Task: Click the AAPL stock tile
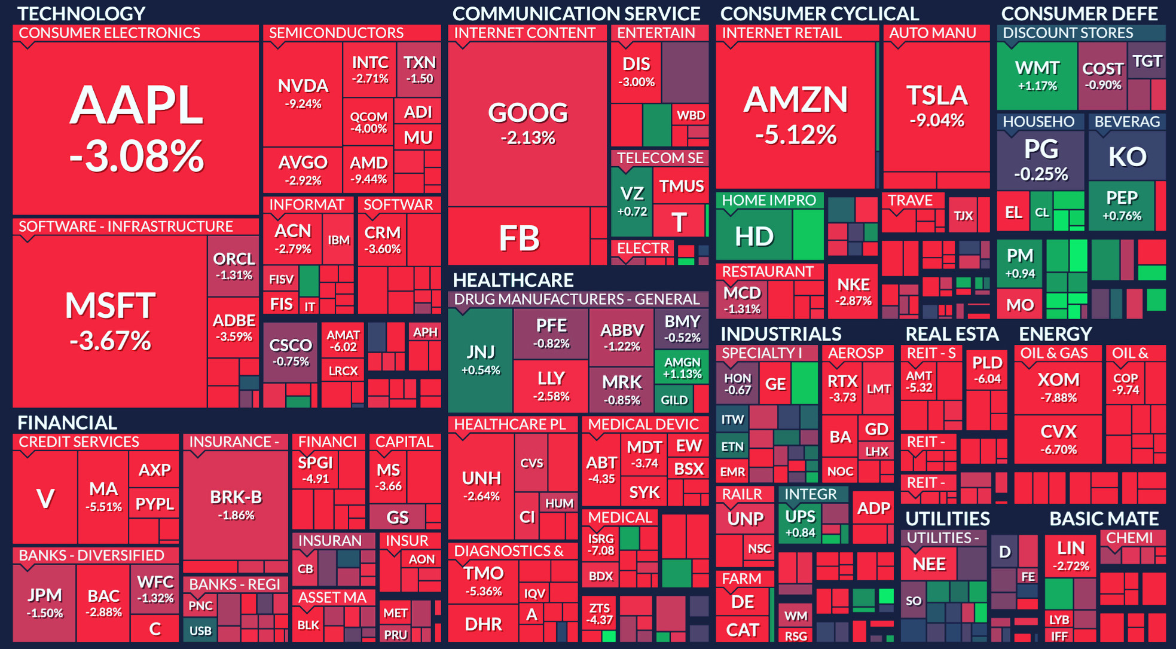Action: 136,128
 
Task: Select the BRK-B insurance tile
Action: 236,505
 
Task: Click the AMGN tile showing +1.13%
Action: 682,368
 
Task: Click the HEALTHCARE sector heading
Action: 513,280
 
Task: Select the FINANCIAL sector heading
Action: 67,423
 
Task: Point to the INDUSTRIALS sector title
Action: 781,334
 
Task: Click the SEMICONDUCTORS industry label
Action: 336,33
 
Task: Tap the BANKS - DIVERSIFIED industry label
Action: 91,555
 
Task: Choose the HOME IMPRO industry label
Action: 769,200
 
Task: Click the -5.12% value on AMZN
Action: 796,135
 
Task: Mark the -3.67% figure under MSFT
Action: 111,341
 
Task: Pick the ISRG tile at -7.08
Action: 601,544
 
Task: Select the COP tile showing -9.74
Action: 1126,384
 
